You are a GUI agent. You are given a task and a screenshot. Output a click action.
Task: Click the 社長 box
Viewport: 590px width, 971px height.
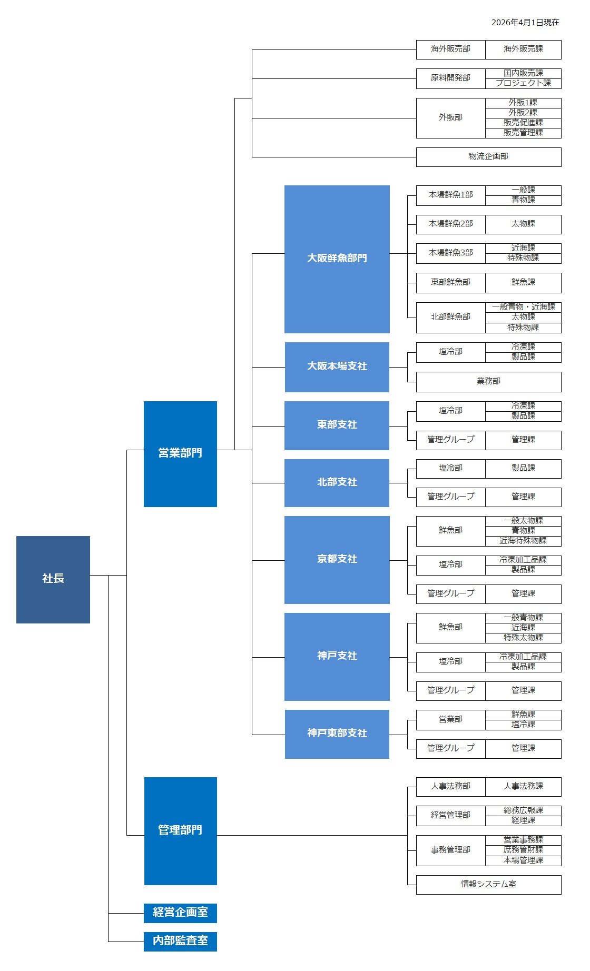tap(53, 579)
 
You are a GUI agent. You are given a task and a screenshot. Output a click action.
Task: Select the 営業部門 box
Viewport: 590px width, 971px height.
tap(180, 453)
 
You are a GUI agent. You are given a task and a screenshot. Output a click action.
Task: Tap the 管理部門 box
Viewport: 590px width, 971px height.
tap(180, 830)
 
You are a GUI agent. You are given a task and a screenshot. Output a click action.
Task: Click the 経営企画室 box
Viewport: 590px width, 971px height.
tap(180, 913)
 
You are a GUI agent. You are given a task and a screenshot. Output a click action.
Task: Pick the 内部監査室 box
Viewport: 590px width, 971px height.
tap(180, 941)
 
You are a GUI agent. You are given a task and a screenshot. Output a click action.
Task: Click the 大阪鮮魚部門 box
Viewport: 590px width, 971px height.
tap(337, 259)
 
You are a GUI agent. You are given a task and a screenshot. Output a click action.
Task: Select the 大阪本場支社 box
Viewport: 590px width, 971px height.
tap(337, 366)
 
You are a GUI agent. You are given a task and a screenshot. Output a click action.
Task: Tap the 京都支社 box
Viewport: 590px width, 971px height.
tap(337, 559)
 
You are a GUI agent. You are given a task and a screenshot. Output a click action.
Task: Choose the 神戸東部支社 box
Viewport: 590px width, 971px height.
tap(337, 734)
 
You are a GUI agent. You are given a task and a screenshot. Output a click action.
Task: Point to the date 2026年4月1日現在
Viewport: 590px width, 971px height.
tap(525, 23)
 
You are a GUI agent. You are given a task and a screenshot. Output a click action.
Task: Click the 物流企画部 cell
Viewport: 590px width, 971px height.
tap(488, 156)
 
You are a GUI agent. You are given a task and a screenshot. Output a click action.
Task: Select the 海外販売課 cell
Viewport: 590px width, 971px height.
tap(523, 49)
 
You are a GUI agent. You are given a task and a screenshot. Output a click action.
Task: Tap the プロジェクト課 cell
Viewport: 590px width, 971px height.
tap(523, 83)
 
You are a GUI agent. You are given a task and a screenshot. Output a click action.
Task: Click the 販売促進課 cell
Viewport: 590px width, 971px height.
tap(523, 123)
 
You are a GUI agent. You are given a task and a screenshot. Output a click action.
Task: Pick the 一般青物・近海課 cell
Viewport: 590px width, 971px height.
tap(523, 307)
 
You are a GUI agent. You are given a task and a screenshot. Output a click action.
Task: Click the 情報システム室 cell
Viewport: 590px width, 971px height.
tap(488, 884)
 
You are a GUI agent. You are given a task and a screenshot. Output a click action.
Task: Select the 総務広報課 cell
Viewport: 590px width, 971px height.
tap(523, 810)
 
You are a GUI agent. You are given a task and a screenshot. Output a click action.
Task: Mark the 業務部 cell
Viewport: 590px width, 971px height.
tap(488, 381)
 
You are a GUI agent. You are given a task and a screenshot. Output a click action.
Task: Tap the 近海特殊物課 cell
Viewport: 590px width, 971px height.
tap(523, 541)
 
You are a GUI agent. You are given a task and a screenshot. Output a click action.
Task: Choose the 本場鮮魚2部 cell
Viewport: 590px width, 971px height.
tap(451, 224)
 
